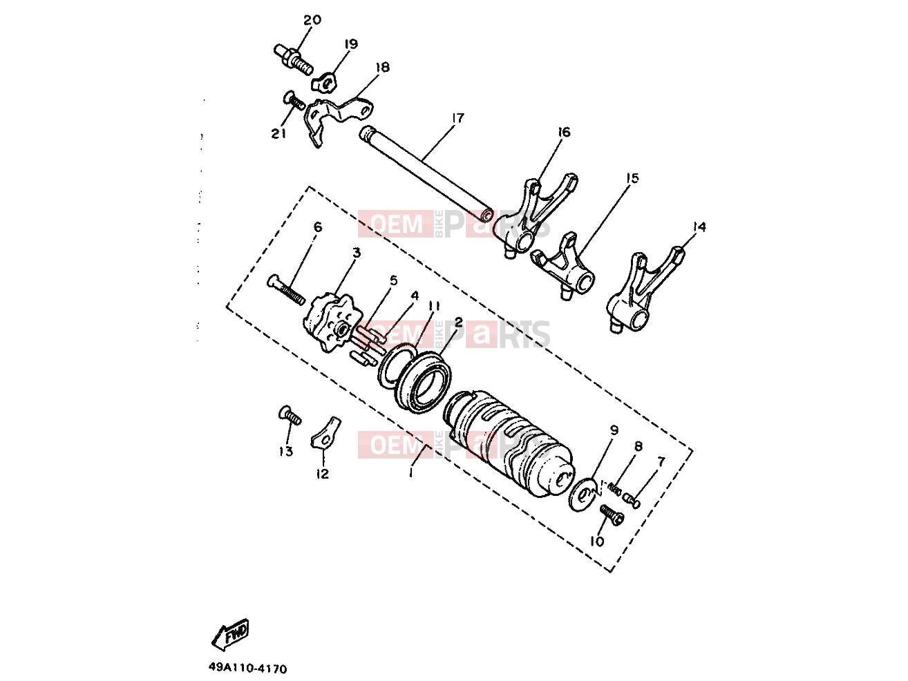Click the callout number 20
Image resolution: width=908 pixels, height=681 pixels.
pyautogui.click(x=312, y=20)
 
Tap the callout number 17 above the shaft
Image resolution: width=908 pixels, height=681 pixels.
pyautogui.click(x=457, y=118)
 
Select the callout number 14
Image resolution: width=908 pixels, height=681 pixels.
pyautogui.click(x=699, y=227)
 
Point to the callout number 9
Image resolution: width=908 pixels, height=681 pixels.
pyautogui.click(x=614, y=430)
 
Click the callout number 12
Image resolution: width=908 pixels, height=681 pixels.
pyautogui.click(x=323, y=474)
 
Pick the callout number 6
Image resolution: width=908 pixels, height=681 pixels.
pyautogui.click(x=318, y=227)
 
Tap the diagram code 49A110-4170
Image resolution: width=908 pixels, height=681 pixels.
pyautogui.click(x=248, y=668)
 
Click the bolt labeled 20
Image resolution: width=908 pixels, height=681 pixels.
pyautogui.click(x=293, y=60)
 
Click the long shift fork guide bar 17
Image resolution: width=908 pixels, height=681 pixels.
pyautogui.click(x=426, y=175)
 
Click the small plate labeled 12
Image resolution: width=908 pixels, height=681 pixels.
pyautogui.click(x=325, y=434)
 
